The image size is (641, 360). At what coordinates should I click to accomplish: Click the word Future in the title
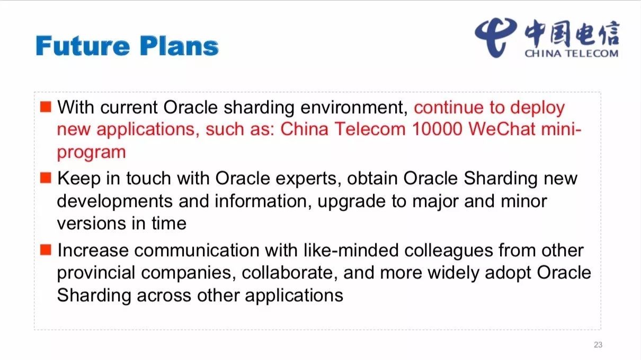pyautogui.click(x=83, y=46)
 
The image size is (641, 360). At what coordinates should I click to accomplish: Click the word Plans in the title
pyautogui.click(x=179, y=46)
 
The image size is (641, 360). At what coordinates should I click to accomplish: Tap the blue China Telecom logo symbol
pyautogui.click(x=495, y=38)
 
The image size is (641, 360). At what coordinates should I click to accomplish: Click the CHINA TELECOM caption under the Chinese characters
pyautogui.click(x=571, y=53)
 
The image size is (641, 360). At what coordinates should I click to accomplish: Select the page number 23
pyautogui.click(x=598, y=345)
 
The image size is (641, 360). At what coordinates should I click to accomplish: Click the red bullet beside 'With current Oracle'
pyautogui.click(x=46, y=107)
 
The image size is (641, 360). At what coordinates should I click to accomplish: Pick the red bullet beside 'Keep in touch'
pyautogui.click(x=46, y=177)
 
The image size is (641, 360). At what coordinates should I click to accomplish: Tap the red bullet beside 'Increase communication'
pyautogui.click(x=46, y=250)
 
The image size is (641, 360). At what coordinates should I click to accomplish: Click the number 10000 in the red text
pyautogui.click(x=437, y=129)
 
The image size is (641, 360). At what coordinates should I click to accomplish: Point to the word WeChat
pyautogui.click(x=502, y=129)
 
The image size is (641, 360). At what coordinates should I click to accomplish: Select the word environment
pyautogui.click(x=354, y=108)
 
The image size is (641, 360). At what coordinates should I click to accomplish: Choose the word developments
pyautogui.click(x=115, y=202)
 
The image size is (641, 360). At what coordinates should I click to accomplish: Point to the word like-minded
pyautogui.click(x=351, y=250)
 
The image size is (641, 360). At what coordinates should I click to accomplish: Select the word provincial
pyautogui.click(x=96, y=273)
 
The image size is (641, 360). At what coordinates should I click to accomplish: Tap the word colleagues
pyautogui.click(x=449, y=251)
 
